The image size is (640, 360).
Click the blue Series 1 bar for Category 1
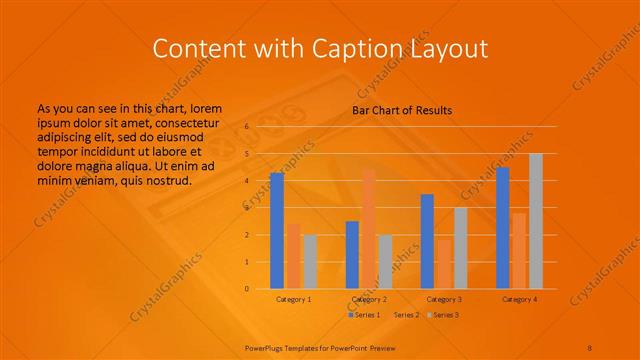[x=277, y=230]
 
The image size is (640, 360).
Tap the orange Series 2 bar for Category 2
[x=369, y=228]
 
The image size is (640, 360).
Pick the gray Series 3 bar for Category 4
[x=536, y=221]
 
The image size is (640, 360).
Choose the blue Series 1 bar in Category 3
[x=427, y=241]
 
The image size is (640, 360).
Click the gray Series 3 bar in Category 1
[x=310, y=261]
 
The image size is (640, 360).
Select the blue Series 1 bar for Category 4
[x=503, y=227]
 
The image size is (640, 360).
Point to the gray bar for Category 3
[x=460, y=247]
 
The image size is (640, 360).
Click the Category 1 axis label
[x=293, y=299]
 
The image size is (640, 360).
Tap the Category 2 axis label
[x=369, y=299]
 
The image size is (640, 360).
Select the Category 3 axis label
[x=444, y=299]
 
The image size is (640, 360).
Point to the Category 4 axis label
[x=519, y=299]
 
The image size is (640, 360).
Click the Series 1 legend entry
[x=364, y=315]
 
